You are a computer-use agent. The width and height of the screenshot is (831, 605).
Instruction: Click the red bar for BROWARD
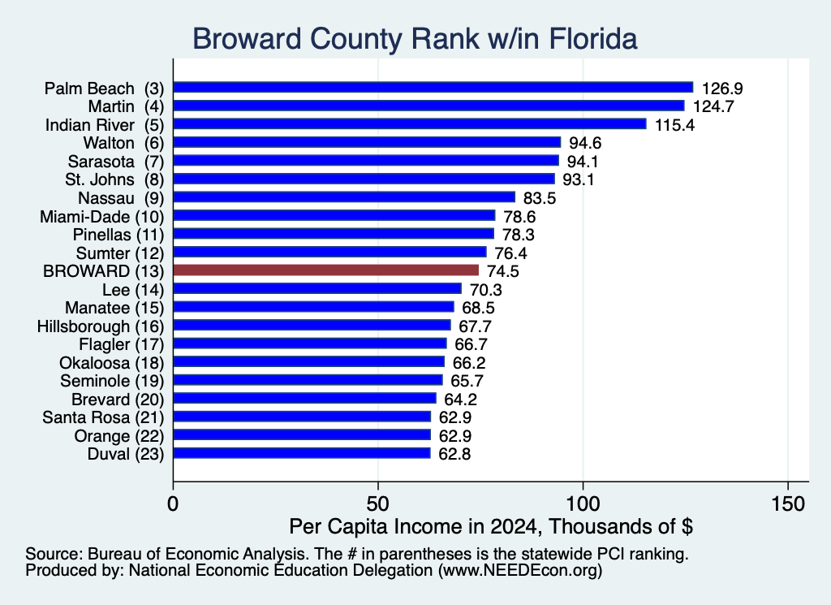point(326,270)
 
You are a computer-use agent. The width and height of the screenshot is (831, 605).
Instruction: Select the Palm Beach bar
point(433,88)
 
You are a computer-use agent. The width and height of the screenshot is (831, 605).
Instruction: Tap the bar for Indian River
point(410,124)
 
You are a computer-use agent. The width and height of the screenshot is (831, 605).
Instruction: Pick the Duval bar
point(302,453)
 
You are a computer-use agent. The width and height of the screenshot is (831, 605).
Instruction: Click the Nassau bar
point(344,197)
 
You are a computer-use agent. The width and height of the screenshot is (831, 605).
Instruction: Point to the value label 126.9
point(722,89)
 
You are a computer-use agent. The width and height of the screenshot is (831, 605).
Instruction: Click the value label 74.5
point(503,271)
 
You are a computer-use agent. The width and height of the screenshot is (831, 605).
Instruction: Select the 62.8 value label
point(454,455)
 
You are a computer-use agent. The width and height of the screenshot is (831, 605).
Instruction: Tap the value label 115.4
point(674,125)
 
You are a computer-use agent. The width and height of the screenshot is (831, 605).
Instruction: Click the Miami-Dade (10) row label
point(101,217)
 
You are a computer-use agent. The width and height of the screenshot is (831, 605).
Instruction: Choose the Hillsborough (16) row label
point(101,326)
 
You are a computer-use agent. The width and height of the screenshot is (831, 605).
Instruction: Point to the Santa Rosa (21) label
point(103,418)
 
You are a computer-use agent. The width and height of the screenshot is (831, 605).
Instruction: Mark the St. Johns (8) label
point(114,179)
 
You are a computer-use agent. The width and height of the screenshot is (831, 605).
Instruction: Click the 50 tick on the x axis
point(378,503)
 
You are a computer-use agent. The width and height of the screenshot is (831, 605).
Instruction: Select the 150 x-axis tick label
point(789,503)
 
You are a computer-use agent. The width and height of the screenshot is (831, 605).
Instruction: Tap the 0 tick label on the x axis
point(173,503)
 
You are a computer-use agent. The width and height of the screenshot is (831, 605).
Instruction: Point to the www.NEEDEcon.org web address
point(520,571)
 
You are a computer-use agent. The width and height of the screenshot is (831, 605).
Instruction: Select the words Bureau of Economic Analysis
point(196,554)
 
